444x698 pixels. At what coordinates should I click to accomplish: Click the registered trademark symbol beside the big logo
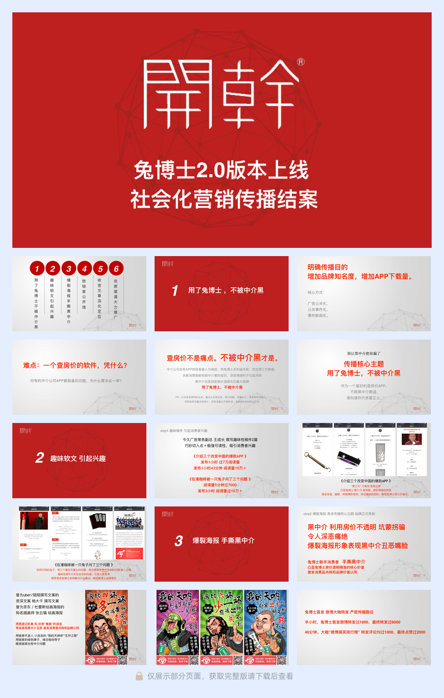pos(301,62)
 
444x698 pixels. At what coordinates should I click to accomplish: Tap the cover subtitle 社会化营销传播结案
pos(224,199)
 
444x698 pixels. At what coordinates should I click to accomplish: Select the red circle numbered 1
pos(37,268)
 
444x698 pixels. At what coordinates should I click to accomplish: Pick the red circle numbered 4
pos(84,268)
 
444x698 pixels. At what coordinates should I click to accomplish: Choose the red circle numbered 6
pos(116,268)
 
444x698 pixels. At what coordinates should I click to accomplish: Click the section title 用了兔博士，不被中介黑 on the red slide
pos(226,290)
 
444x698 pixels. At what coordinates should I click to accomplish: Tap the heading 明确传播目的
pos(328,267)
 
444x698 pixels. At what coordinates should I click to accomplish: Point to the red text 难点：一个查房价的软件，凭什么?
pos(75,365)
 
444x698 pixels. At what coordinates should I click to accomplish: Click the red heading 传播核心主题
pos(363,364)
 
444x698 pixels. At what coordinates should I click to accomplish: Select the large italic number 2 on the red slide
pos(39,458)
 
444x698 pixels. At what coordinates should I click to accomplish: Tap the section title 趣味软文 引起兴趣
pos(78,458)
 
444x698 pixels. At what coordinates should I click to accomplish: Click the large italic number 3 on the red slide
pos(178,541)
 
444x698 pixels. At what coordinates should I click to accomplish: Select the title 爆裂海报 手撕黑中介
pos(223,541)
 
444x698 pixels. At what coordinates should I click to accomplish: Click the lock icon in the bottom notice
pos(139,676)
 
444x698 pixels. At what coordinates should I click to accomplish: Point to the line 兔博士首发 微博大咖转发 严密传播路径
pos(339,612)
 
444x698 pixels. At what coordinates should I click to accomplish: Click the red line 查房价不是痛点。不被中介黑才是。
pos(223,358)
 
